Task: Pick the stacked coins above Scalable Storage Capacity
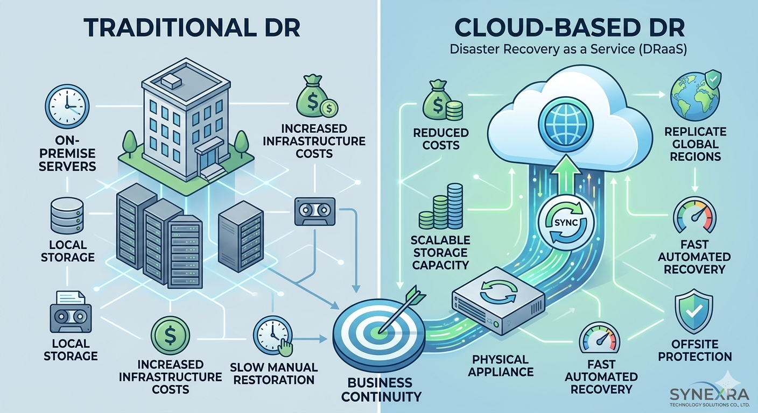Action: (x=441, y=207)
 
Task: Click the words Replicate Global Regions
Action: (x=694, y=144)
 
